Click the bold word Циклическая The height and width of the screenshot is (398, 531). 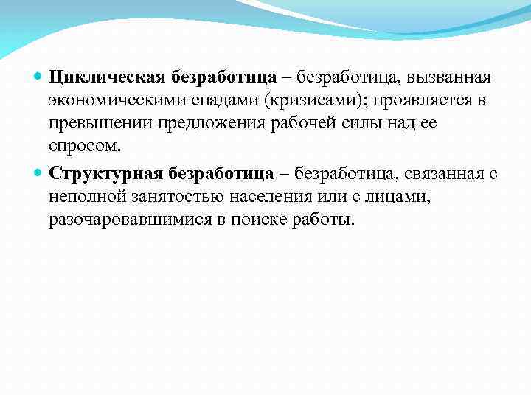tap(108, 77)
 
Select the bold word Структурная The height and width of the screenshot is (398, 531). tap(106, 174)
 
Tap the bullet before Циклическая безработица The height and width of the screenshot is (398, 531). tap(39, 77)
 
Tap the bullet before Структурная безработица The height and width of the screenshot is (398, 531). tap(39, 174)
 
